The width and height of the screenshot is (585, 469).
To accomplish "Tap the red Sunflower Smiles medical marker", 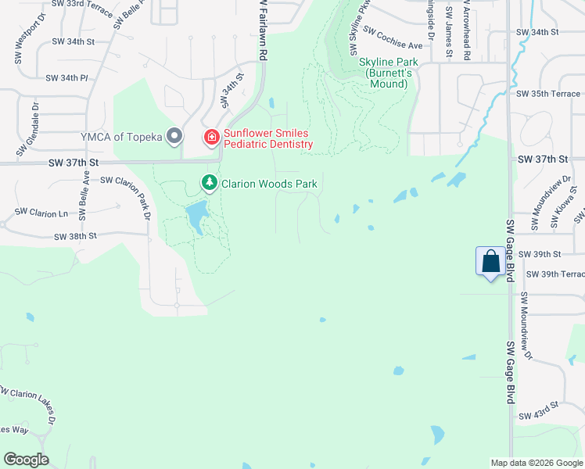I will (210, 138).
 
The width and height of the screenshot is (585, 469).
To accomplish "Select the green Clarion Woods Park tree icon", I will (210, 184).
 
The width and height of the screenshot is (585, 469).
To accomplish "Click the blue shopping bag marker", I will (490, 262).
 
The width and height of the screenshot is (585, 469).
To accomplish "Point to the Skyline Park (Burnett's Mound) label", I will (388, 73).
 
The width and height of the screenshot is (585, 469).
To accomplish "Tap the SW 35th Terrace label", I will (548, 94).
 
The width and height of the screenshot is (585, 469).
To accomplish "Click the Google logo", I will (26, 460).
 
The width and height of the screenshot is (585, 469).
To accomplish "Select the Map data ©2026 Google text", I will (536, 463).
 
